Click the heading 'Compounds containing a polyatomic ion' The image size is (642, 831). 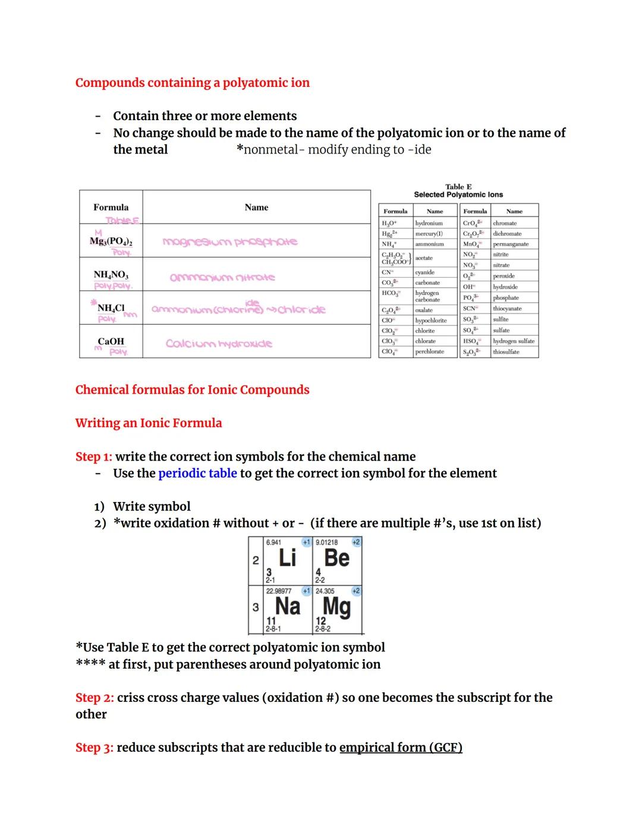(x=192, y=83)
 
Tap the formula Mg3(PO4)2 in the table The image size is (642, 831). (x=111, y=241)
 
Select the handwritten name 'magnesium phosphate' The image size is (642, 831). (x=229, y=242)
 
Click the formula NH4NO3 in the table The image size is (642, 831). (x=111, y=275)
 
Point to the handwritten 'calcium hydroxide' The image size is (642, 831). (x=219, y=344)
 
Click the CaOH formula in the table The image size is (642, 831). (x=111, y=341)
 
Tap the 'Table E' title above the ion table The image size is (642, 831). (x=458, y=186)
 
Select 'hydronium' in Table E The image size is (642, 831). (x=429, y=223)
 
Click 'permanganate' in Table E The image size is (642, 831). (x=511, y=244)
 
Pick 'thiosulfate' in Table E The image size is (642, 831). (x=506, y=352)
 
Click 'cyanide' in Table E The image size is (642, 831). (x=424, y=272)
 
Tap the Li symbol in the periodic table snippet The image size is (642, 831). (x=287, y=558)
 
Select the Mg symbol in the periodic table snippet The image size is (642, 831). (x=336, y=607)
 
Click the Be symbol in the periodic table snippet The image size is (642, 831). (x=336, y=558)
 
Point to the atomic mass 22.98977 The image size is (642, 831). (x=279, y=591)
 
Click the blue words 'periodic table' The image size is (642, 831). (x=197, y=473)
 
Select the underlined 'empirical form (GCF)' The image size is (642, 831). (x=401, y=748)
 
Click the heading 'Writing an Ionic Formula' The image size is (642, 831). (x=149, y=423)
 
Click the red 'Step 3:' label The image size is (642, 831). (x=94, y=748)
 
